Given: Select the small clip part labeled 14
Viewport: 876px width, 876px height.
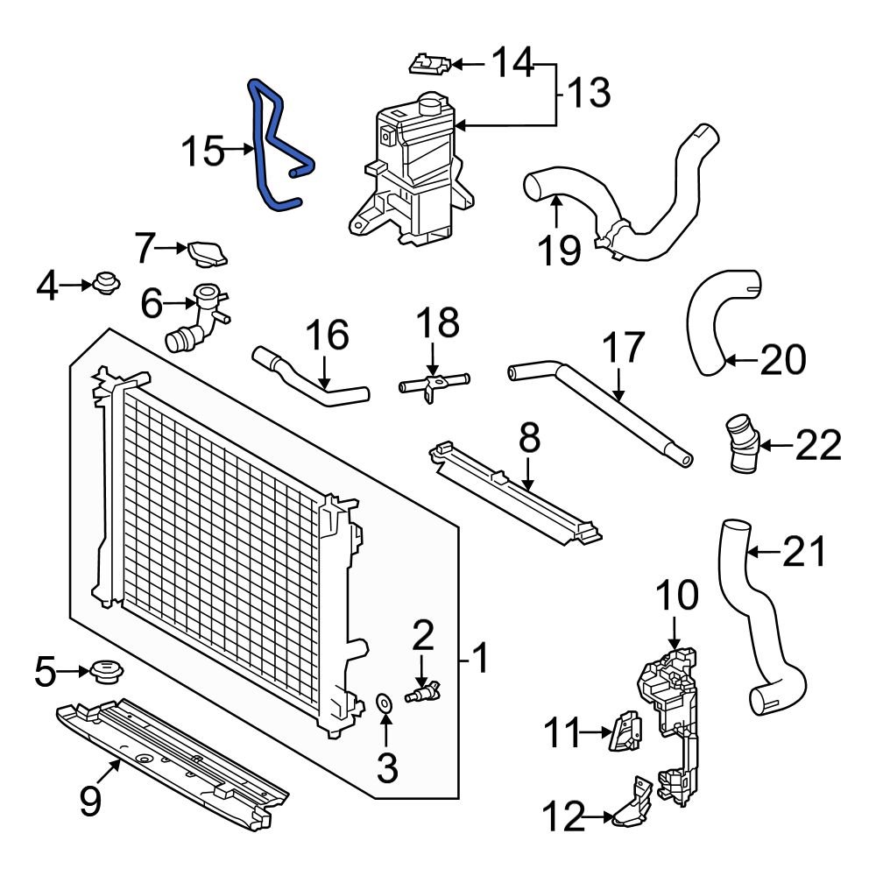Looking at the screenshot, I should [430, 63].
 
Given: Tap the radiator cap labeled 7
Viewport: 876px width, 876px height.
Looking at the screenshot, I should [206, 253].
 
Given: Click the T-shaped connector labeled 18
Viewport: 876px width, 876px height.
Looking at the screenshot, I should [432, 385].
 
